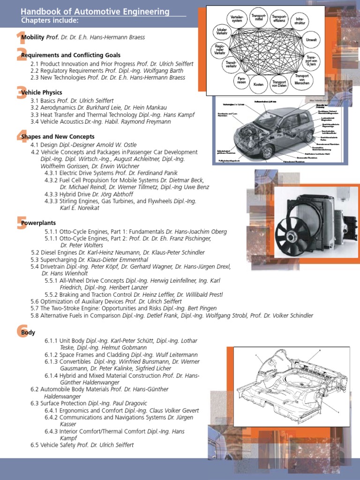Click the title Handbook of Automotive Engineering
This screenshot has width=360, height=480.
pyautogui.click(x=95, y=12)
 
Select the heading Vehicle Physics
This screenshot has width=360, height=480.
pyautogui.click(x=42, y=93)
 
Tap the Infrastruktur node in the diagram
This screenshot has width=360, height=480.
pyautogui.click(x=298, y=21)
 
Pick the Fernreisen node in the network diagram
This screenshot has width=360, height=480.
pyautogui.click(x=241, y=80)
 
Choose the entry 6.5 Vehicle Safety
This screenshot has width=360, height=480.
pyautogui.click(x=82, y=445)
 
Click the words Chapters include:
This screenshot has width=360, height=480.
pyautogui.click(x=50, y=21)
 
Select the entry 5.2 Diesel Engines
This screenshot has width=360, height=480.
pyautogui.click(x=117, y=253)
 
